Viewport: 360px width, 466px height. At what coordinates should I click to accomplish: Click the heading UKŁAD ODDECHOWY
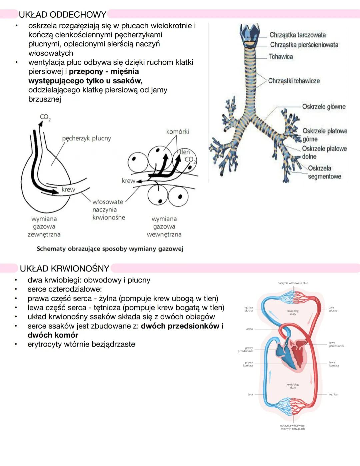click(x=62, y=15)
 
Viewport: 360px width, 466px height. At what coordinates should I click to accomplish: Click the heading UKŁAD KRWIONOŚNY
click(x=64, y=269)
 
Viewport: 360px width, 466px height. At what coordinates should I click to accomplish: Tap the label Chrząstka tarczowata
click(x=297, y=35)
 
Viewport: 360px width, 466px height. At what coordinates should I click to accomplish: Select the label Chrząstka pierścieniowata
click(x=304, y=45)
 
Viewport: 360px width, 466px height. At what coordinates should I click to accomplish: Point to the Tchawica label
click(x=281, y=57)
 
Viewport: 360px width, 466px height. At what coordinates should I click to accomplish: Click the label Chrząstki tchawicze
click(x=294, y=81)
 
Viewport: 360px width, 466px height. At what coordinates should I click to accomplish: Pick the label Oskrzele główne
click(x=324, y=107)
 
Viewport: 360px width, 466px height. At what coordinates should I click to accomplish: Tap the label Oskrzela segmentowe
click(x=324, y=172)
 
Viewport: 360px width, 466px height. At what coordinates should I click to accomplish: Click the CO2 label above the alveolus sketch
click(x=45, y=117)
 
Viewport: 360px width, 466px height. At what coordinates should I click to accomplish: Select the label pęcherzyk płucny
click(x=86, y=138)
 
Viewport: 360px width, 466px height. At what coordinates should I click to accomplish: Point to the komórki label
click(x=177, y=131)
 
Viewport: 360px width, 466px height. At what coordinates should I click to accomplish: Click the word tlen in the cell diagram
click(x=185, y=152)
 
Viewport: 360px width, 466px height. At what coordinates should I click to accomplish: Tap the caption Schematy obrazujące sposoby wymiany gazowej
click(x=110, y=249)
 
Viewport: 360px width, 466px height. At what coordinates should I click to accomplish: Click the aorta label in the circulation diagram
click(x=249, y=329)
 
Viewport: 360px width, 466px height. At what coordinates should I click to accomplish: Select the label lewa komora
click(x=334, y=364)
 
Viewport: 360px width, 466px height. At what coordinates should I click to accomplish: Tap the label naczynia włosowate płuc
click(x=292, y=283)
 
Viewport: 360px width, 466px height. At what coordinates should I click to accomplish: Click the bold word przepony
click(x=86, y=71)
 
